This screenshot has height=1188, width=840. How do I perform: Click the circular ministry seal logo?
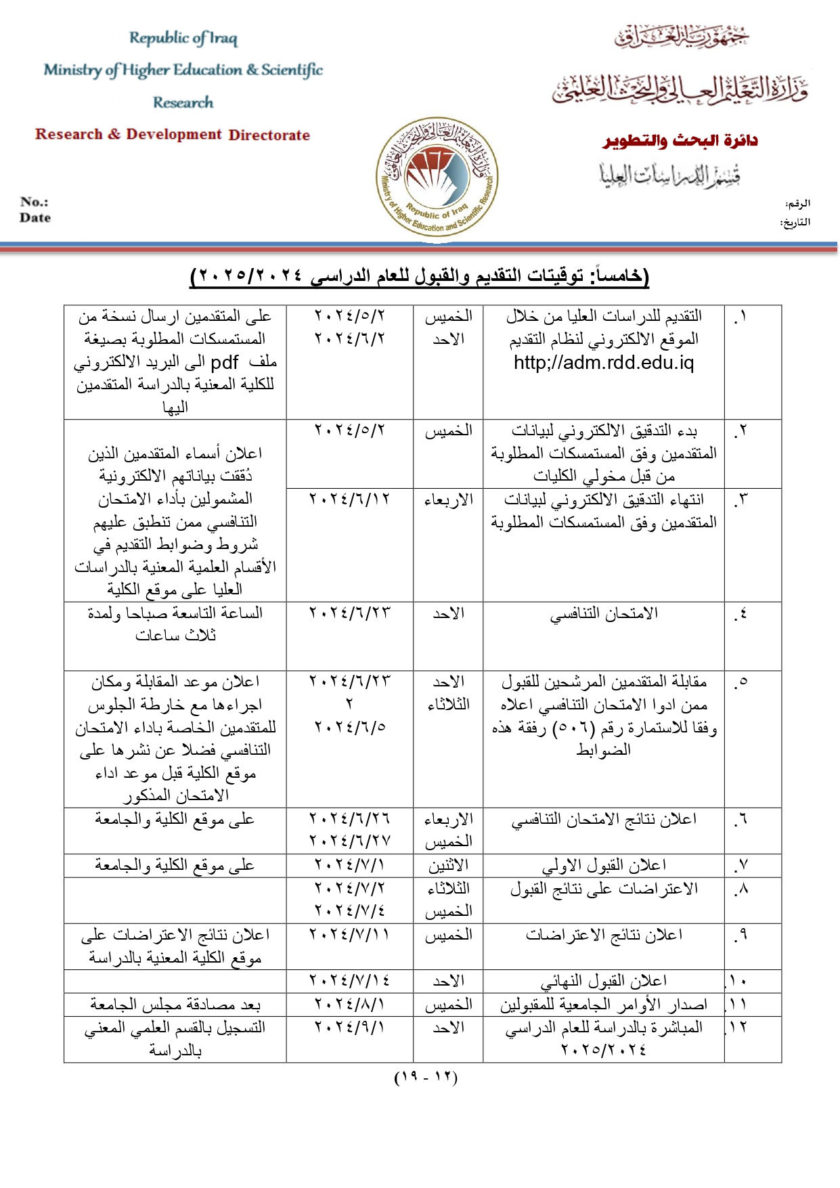click(x=437, y=177)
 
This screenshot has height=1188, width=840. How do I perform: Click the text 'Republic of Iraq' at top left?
click(x=183, y=38)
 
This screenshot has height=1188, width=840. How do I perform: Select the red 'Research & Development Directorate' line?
click(x=173, y=134)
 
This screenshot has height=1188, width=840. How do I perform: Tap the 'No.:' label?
click(x=34, y=202)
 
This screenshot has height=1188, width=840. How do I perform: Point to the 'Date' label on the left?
click(x=35, y=217)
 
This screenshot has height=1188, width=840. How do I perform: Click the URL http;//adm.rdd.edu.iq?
click(x=604, y=363)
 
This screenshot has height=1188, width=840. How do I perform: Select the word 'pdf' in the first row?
click(x=225, y=361)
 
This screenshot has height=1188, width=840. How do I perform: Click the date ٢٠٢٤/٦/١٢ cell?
click(x=349, y=500)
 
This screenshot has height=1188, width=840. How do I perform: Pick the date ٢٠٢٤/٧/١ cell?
click(x=349, y=865)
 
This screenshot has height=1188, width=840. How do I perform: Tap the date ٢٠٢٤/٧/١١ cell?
click(x=349, y=935)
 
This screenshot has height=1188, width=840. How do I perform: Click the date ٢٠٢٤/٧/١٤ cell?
click(x=349, y=981)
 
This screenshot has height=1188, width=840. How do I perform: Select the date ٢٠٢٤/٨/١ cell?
click(x=349, y=1004)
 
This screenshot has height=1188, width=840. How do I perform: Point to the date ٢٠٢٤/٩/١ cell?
click(x=349, y=1028)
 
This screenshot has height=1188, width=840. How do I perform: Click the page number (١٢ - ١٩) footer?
click(x=426, y=1077)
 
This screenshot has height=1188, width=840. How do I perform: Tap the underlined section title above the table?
click(x=420, y=276)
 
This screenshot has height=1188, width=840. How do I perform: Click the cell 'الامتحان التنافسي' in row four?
click(x=604, y=614)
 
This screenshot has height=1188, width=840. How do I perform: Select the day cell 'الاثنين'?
click(x=448, y=865)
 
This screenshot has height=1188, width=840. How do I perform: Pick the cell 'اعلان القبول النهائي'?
click(x=604, y=981)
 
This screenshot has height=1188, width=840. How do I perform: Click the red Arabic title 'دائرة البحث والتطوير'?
click(x=680, y=141)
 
